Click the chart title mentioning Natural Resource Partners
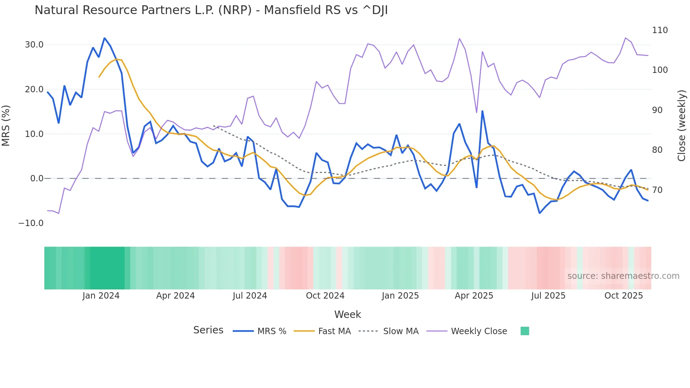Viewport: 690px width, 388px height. point(211,10)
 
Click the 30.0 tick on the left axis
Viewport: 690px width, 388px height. point(34,45)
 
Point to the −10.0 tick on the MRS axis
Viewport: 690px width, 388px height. point(31,223)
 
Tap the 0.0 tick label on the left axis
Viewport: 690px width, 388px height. point(37,179)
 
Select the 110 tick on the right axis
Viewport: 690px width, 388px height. point(660,30)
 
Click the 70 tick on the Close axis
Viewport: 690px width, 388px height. point(657,190)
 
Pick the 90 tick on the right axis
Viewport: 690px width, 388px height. point(657,110)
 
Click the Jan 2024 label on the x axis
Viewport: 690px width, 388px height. point(101,296)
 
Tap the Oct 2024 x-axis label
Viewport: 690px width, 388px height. point(325,296)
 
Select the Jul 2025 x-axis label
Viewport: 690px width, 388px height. point(548,296)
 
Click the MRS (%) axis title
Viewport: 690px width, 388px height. point(6,126)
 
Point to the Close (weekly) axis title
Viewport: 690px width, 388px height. point(682,126)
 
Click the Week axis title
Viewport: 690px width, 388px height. point(347,314)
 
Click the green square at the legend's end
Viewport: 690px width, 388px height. point(525,331)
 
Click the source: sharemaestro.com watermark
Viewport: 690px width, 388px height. point(623,276)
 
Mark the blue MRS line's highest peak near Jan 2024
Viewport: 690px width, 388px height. point(105,38)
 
